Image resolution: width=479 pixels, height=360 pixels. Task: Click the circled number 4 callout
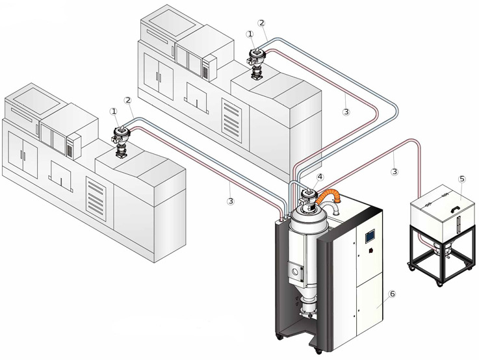(320, 177)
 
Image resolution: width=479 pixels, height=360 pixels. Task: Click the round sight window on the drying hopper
(296, 268)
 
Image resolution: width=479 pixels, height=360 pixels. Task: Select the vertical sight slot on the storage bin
(459, 224)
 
